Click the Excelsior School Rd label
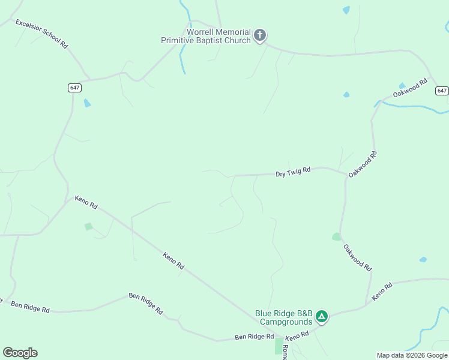[41, 33]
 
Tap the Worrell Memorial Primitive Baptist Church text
[205, 36]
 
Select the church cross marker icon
[260, 35]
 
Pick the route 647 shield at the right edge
[442, 91]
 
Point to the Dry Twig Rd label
[293, 172]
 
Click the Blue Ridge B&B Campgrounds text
[284, 317]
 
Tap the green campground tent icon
[322, 316]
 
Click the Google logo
[20, 353]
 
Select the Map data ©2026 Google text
[412, 355]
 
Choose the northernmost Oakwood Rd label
[410, 88]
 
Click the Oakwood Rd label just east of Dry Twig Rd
[363, 163]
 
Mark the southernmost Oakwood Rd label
[358, 258]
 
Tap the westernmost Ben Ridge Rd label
[30, 307]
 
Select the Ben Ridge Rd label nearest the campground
[254, 337]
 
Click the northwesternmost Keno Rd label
[86, 202]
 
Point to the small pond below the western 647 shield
[88, 103]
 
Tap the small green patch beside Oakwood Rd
[337, 237]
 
